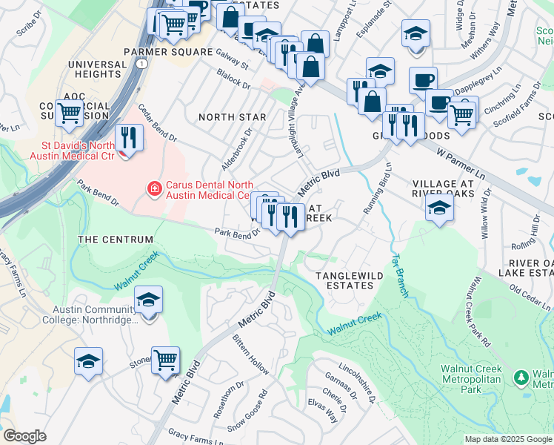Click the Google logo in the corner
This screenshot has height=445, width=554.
point(24,436)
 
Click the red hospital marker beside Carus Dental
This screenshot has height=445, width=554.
point(154,189)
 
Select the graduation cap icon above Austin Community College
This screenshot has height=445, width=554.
point(149,300)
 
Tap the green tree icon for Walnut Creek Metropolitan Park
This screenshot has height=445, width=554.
point(521,377)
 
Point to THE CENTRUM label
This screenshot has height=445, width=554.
point(116,240)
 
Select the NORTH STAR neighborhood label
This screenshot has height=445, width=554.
point(232,117)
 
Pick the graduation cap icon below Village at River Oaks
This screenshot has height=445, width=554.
point(439,208)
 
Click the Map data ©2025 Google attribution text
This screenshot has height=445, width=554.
point(508,439)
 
